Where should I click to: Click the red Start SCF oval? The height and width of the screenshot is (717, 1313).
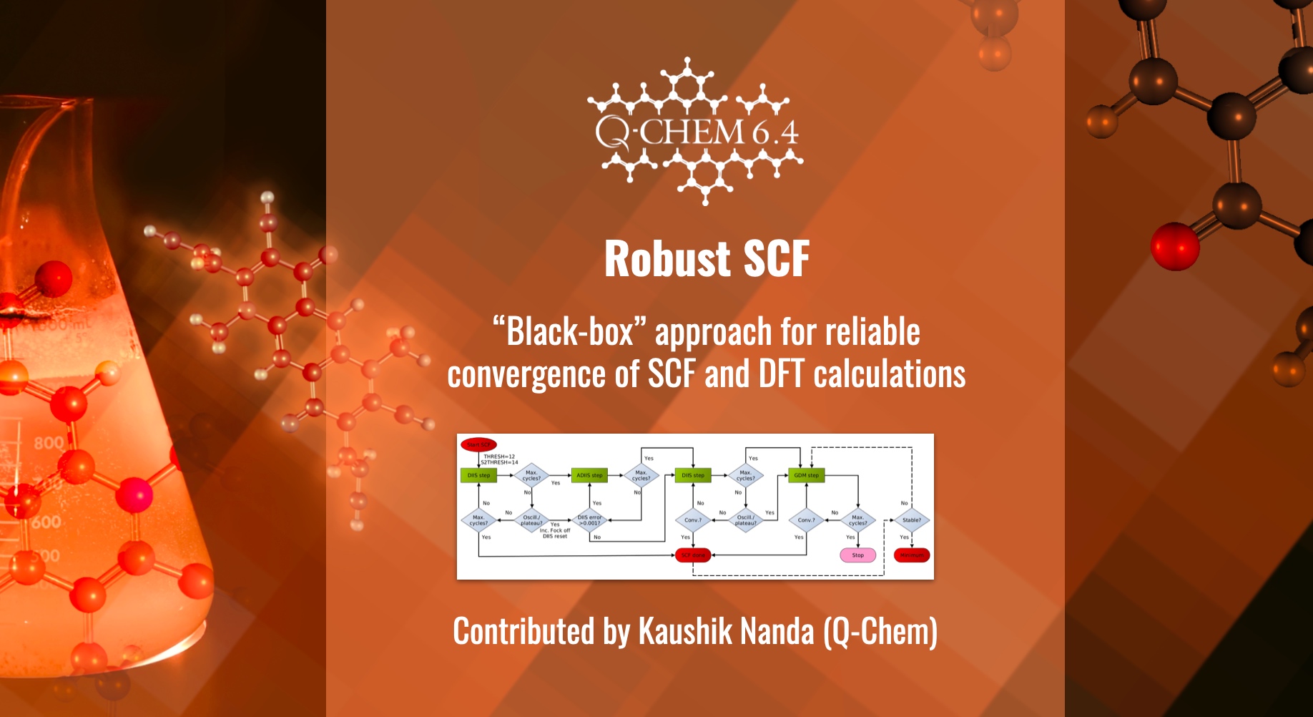(478, 444)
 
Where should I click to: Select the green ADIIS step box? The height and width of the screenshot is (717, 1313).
(589, 475)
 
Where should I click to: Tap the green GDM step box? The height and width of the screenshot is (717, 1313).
(806, 475)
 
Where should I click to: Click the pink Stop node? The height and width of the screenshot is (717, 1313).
(857, 555)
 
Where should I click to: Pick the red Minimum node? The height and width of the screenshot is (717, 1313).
(912, 555)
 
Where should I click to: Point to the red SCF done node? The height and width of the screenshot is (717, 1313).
(693, 555)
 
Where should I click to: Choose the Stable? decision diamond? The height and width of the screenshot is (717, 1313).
(912, 520)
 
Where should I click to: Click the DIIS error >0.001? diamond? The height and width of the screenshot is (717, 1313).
(590, 520)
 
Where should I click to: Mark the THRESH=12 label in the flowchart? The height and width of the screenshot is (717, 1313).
(499, 457)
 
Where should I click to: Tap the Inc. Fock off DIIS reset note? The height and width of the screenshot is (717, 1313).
(555, 533)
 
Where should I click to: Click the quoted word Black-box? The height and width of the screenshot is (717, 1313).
(569, 332)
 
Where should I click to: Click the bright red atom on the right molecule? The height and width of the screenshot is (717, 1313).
(1174, 246)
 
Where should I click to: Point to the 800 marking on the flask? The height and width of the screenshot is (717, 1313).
(49, 443)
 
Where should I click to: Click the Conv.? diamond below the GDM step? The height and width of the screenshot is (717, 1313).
(806, 520)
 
